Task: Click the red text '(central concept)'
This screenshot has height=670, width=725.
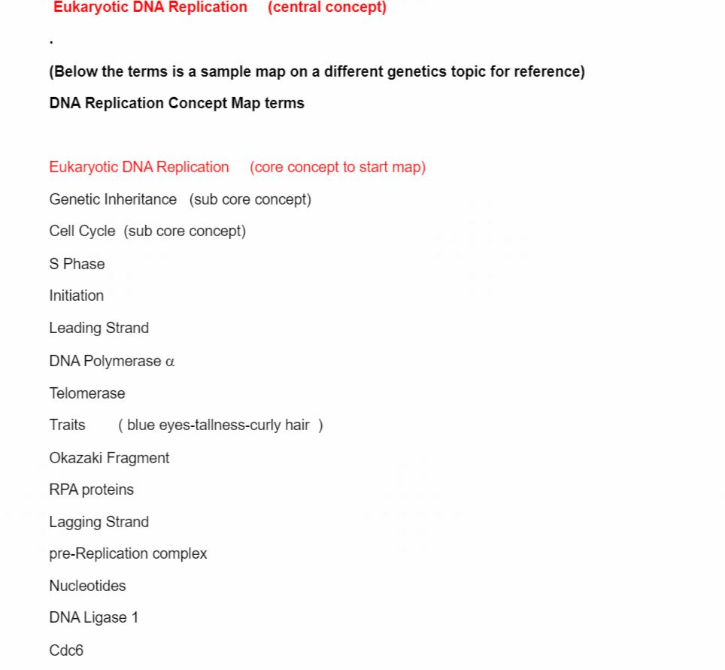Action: click(x=326, y=8)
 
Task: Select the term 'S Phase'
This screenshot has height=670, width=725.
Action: click(x=77, y=264)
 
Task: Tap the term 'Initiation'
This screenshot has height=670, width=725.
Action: click(x=76, y=296)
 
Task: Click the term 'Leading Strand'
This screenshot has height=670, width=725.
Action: click(x=99, y=328)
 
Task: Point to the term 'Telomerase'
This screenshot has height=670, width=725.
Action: click(x=86, y=393)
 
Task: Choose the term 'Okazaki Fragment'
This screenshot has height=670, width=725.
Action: click(x=109, y=458)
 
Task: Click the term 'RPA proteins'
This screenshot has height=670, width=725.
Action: click(x=91, y=490)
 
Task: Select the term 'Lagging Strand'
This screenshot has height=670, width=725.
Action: click(x=99, y=522)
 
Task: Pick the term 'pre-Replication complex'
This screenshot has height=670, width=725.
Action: click(x=128, y=553)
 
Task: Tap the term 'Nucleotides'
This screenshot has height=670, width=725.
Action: click(x=87, y=586)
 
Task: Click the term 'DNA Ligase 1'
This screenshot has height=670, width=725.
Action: click(x=93, y=617)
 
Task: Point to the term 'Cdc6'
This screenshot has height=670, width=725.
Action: click(x=66, y=650)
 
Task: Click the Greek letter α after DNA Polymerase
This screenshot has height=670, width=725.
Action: click(x=170, y=362)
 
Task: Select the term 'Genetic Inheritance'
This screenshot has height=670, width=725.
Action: click(x=113, y=199)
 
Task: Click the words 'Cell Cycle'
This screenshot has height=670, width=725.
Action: click(x=82, y=232)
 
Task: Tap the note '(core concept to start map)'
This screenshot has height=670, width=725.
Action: click(x=338, y=167)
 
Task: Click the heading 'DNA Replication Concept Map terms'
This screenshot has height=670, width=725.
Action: click(x=177, y=103)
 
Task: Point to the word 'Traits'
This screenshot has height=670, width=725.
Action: click(x=67, y=426)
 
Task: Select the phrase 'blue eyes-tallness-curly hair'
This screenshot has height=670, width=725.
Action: click(x=218, y=426)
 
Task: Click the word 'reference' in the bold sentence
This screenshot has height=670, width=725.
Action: click(x=546, y=72)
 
